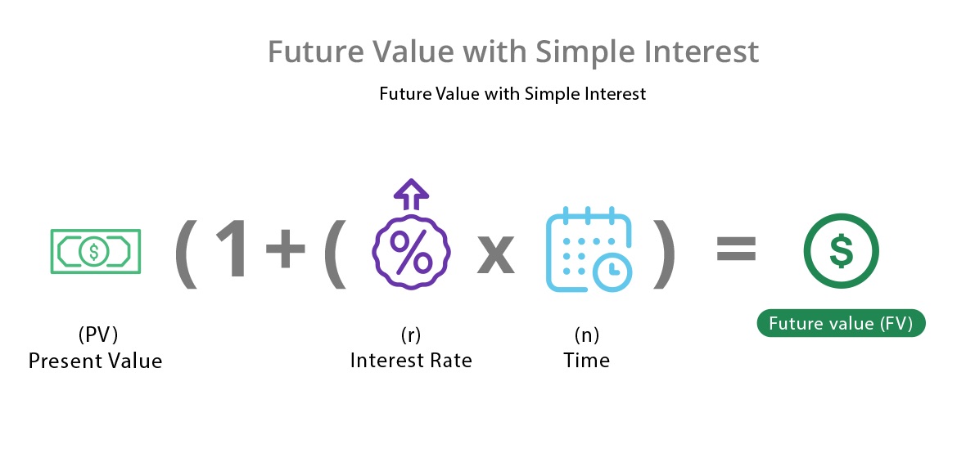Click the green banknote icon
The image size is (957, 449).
[95, 251]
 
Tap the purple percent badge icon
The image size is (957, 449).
[411, 251]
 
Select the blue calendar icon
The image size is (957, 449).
[589, 250]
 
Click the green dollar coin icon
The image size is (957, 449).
[841, 251]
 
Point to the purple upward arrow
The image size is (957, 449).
[411, 194]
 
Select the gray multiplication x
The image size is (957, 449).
[495, 254]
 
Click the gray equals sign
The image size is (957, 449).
[736, 249]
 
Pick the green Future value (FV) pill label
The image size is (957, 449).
[841, 323]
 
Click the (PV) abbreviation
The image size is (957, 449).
[97, 335]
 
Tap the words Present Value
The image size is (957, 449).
[95, 361]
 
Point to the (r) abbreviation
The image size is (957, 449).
[411, 335]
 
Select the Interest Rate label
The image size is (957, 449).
[411, 360]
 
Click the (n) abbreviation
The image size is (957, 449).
[586, 335]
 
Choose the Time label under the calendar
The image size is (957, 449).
[586, 360]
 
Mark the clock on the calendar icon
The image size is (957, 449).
[613, 273]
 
